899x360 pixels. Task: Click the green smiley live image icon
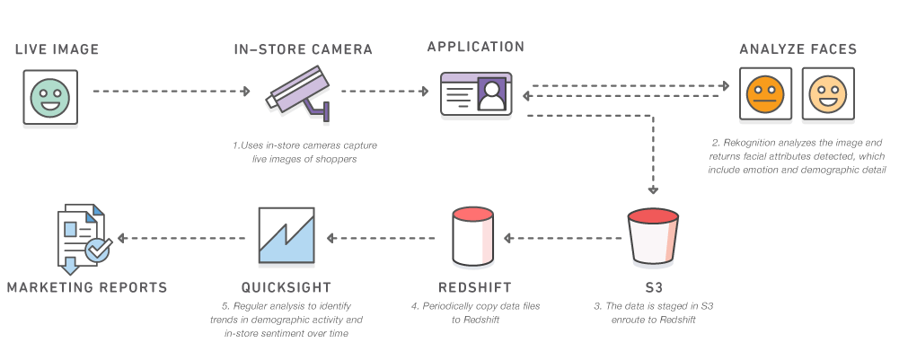pyautogui.click(x=49, y=96)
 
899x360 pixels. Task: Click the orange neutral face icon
pyautogui.click(x=765, y=93)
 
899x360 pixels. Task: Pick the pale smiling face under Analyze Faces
pyautogui.click(x=827, y=93)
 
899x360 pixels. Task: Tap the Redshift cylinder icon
pyautogui.click(x=472, y=237)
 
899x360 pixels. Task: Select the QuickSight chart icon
pyautogui.click(x=286, y=237)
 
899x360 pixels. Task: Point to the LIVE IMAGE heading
pyautogui.click(x=57, y=49)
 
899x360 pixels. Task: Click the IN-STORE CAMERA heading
pyautogui.click(x=303, y=49)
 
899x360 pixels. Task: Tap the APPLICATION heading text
pyautogui.click(x=475, y=48)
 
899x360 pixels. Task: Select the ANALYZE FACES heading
pyautogui.click(x=798, y=49)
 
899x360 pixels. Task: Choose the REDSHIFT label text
pyautogui.click(x=475, y=287)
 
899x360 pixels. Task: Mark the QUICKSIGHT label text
pyautogui.click(x=286, y=287)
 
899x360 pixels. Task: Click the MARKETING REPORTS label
pyautogui.click(x=87, y=287)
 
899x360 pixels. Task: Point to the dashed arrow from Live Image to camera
pyautogui.click(x=171, y=91)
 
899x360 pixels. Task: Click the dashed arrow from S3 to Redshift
pyautogui.click(x=564, y=239)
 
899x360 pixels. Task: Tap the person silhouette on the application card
pyautogui.click(x=492, y=93)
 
